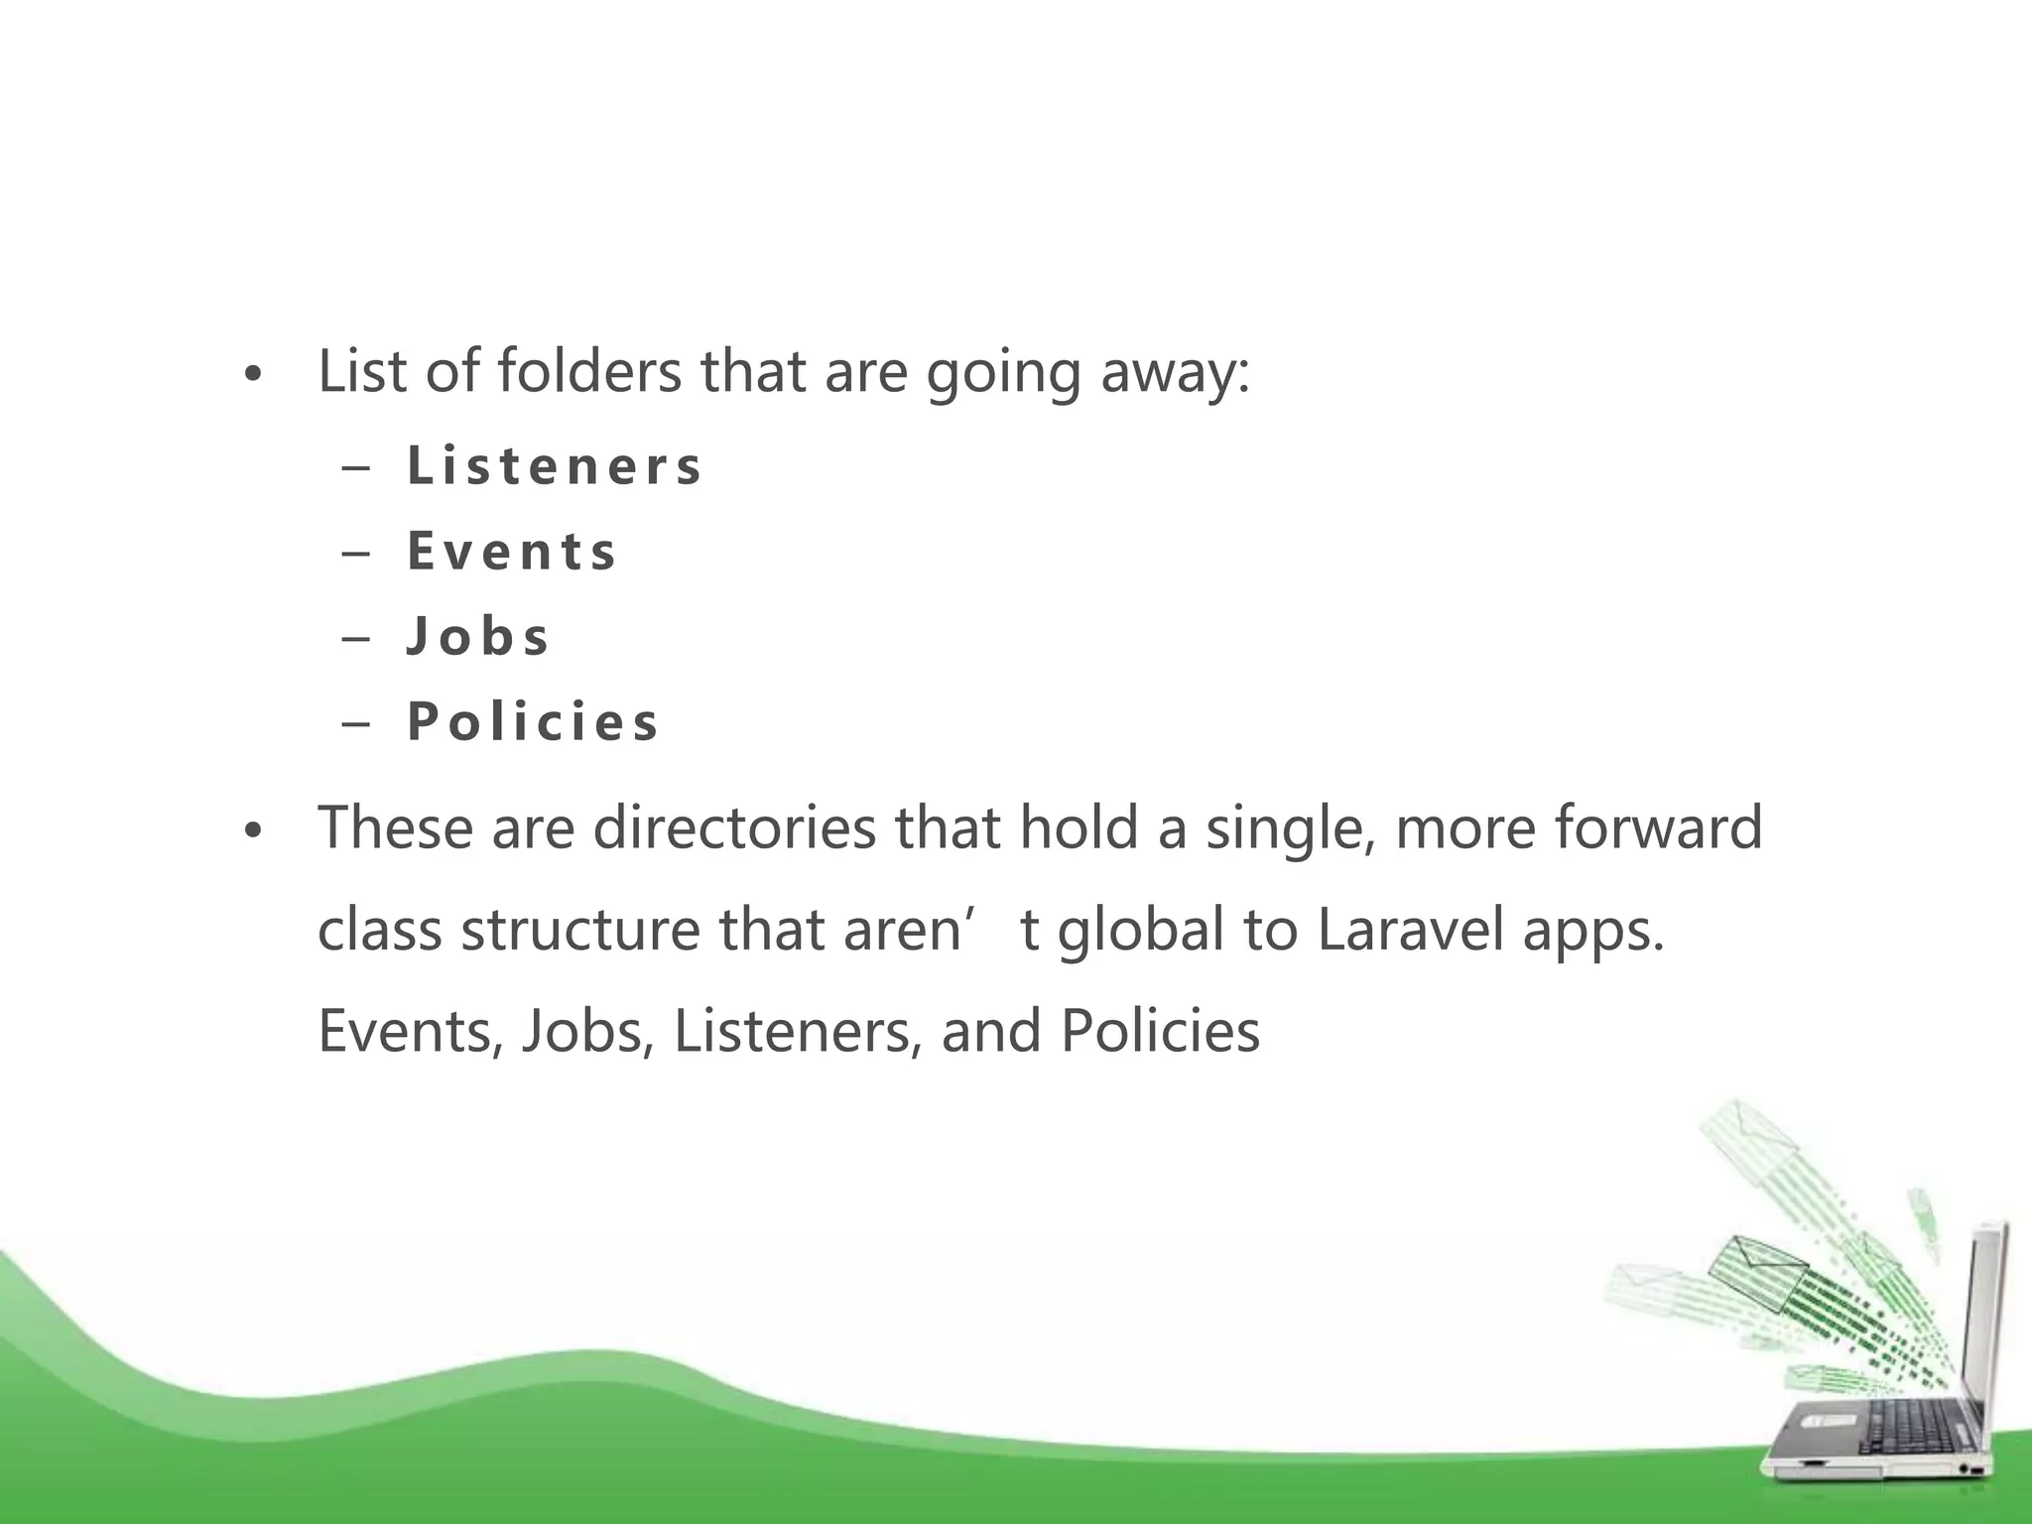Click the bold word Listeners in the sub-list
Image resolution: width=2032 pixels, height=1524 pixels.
point(554,465)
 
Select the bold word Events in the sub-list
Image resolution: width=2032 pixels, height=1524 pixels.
point(512,552)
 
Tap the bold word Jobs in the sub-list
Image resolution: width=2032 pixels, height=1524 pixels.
point(478,637)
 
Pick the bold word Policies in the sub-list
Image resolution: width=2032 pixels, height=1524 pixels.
point(533,722)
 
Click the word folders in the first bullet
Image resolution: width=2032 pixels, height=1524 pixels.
point(589,371)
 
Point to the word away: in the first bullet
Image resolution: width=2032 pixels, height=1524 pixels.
point(1175,373)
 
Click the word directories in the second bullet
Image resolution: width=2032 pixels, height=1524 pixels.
point(734,827)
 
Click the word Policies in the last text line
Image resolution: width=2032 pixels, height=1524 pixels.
point(1160,1031)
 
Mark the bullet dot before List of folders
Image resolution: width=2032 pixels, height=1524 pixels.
point(254,376)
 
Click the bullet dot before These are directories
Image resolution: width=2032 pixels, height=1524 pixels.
point(254,832)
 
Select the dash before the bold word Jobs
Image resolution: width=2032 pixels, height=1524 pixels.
point(354,638)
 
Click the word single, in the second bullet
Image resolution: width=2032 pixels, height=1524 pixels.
point(1289,829)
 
